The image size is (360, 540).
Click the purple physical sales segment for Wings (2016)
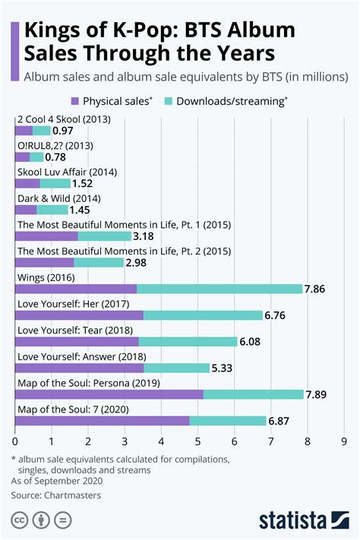(76, 289)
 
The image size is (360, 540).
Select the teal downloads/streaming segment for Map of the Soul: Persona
(253, 394)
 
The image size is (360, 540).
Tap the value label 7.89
(319, 394)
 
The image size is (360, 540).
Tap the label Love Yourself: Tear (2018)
(70, 330)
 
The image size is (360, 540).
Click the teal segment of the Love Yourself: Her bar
(203, 315)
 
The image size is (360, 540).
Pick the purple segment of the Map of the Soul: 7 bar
(102, 421)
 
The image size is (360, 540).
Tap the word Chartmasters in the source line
(74, 495)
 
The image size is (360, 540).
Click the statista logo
(302, 520)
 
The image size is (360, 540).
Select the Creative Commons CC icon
(20, 520)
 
